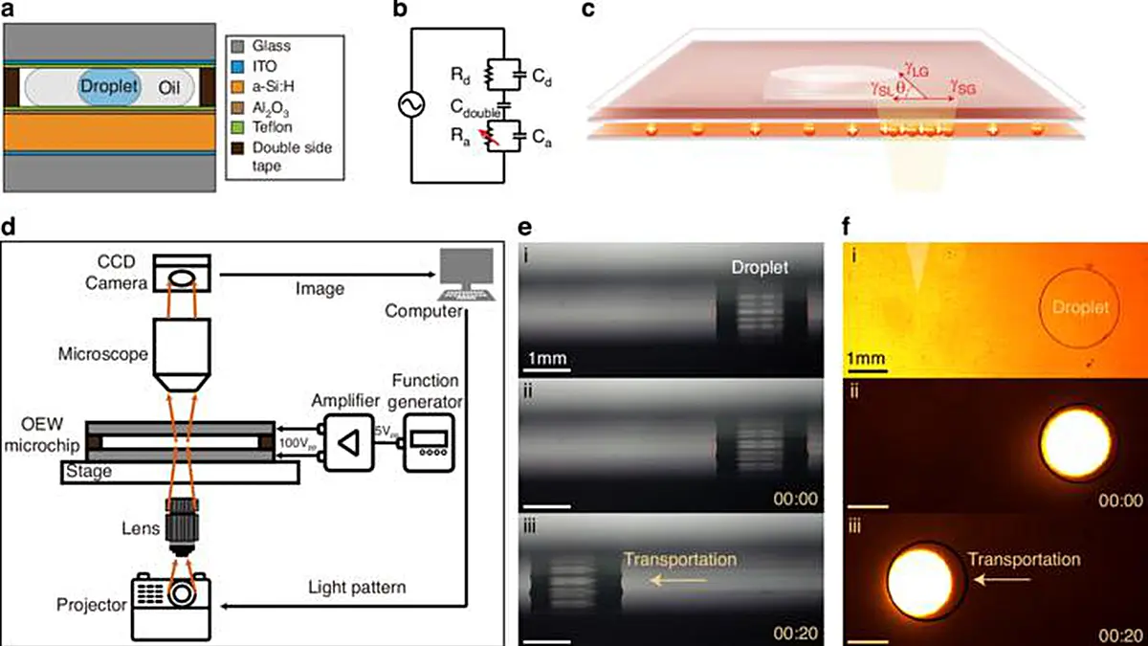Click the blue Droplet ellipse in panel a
(109, 90)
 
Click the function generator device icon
(427, 442)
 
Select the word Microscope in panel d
(100, 354)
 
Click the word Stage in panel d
(90, 471)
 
